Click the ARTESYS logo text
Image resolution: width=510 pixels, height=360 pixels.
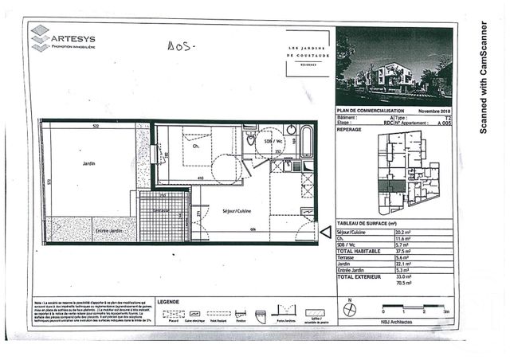(73, 37)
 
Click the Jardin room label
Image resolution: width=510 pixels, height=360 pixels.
(88, 163)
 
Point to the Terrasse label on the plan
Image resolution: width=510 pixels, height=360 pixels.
(163, 209)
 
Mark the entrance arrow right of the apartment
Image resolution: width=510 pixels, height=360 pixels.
(325, 232)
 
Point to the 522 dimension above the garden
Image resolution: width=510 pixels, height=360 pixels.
(95, 126)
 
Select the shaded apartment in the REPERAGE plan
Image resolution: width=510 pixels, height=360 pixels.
(391, 186)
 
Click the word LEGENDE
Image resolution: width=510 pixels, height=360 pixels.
(169, 302)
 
